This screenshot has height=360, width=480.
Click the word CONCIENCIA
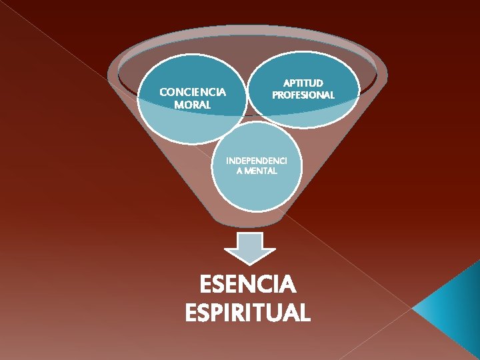pyautogui.click(x=193, y=92)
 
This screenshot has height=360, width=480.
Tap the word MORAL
pyautogui.click(x=192, y=105)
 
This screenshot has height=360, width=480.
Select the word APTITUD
pyautogui.click(x=303, y=83)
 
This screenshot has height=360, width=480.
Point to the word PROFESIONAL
pyautogui.click(x=303, y=95)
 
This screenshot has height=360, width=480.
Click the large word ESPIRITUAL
pyautogui.click(x=248, y=313)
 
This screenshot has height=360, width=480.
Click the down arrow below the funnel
pyautogui.click(x=249, y=248)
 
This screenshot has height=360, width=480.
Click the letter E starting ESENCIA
pyautogui.click(x=207, y=286)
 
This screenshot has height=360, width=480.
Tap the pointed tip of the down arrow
pyautogui.click(x=249, y=263)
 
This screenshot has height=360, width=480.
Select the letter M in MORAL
pyautogui.click(x=178, y=105)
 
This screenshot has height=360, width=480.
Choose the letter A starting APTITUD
pyautogui.click(x=287, y=83)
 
